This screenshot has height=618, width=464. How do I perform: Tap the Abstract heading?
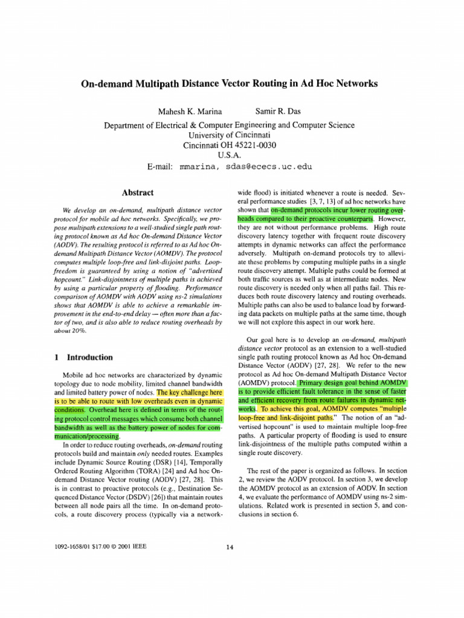click(x=138, y=193)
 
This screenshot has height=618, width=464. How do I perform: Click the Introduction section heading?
click(x=89, y=357)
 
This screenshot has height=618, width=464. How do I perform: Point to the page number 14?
click(x=230, y=547)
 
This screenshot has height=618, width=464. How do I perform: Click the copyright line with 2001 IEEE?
click(x=100, y=547)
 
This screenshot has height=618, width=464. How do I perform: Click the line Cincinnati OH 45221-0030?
click(x=230, y=145)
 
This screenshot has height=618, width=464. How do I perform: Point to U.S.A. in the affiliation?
click(x=230, y=156)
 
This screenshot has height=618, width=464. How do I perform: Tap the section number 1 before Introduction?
click(x=56, y=357)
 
